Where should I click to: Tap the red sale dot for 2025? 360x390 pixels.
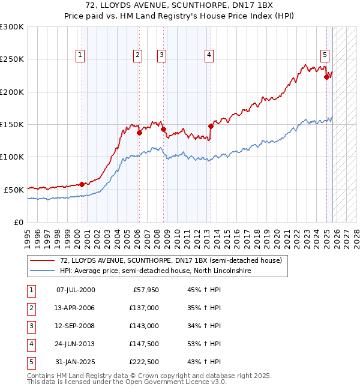click(x=326, y=77)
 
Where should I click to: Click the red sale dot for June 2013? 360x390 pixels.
click(x=211, y=126)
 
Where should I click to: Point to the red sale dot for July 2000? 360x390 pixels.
click(x=82, y=184)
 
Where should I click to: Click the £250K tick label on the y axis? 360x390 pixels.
click(x=12, y=59)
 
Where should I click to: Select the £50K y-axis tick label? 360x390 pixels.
click(x=14, y=189)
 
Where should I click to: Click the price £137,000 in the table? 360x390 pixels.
click(x=144, y=308)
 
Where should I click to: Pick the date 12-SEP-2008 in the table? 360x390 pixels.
click(x=76, y=326)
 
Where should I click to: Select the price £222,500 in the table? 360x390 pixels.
click(x=144, y=362)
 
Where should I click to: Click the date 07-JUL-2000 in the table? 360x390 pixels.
click(x=76, y=290)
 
